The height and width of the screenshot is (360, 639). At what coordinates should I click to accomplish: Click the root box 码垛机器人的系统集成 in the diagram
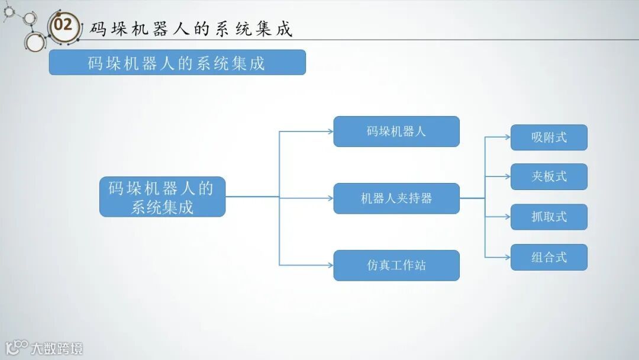tap(162, 197)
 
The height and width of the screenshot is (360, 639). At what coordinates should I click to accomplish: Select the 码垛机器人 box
tap(396, 131)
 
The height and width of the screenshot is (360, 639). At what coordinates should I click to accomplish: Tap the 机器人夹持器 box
tap(396, 198)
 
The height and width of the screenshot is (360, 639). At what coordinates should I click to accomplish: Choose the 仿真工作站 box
tap(396, 265)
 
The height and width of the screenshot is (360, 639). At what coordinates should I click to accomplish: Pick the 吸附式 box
tap(548, 137)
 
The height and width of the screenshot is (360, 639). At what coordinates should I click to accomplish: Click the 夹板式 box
tap(548, 176)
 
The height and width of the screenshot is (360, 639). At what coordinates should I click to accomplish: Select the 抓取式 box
tap(548, 217)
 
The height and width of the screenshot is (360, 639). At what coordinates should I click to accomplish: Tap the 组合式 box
tap(548, 257)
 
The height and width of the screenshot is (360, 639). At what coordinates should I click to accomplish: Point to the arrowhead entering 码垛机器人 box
tap(330, 131)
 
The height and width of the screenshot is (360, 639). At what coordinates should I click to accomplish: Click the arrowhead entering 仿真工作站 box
tap(330, 265)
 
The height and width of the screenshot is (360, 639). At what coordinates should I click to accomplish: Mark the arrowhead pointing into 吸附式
tap(507, 137)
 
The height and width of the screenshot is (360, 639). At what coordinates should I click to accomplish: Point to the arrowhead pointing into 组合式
tap(507, 257)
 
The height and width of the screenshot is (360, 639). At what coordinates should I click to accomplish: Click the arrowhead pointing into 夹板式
tap(507, 176)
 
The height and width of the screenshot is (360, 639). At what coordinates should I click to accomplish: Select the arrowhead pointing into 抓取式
tap(507, 217)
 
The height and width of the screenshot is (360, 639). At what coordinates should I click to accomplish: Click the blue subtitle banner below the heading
tap(177, 62)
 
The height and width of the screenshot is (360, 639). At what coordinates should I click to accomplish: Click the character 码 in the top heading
tap(98, 28)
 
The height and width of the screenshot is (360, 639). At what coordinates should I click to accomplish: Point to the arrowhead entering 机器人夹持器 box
tap(330, 198)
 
